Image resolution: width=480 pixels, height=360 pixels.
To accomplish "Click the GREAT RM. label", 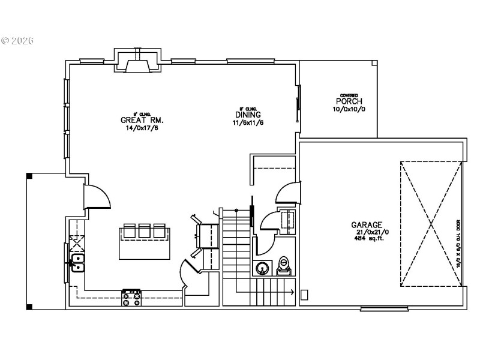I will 142,120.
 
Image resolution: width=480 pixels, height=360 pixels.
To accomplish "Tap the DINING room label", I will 248,115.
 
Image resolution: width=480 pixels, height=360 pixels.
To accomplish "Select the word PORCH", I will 349,101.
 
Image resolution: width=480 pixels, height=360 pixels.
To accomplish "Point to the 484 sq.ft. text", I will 368,238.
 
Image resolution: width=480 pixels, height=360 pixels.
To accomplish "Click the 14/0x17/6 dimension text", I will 142,128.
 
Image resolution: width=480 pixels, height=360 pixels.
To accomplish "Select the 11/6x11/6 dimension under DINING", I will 248,122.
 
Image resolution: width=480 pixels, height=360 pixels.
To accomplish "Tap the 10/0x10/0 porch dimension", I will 349,109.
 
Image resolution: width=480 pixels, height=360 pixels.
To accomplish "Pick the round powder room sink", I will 262,268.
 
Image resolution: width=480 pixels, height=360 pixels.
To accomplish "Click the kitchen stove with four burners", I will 131,297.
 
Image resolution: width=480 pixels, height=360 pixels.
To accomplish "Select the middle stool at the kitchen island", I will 145,230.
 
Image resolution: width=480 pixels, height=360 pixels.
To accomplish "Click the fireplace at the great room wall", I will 138,62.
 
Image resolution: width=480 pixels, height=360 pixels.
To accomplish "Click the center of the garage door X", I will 431,223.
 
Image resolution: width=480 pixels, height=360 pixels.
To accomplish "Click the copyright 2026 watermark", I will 17,41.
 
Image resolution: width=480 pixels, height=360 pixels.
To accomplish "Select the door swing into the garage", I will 286,194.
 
